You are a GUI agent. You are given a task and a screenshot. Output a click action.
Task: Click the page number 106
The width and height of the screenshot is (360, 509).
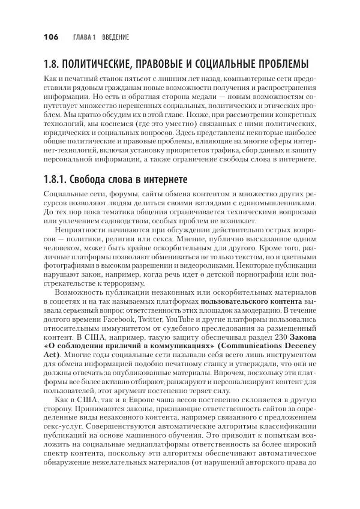(x=50, y=37)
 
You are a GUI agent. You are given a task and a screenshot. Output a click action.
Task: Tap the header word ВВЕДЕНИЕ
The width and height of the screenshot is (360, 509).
(x=115, y=37)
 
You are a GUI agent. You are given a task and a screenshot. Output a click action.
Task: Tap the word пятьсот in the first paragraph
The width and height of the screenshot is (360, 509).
(x=130, y=80)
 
